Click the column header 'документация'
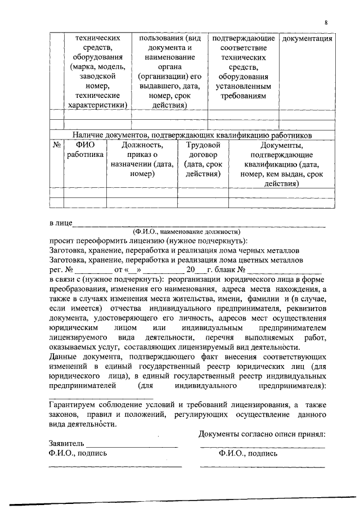point(307,39)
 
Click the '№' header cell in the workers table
point(56,145)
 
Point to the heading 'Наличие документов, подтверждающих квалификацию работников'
point(192,135)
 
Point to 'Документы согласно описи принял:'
point(262,433)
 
